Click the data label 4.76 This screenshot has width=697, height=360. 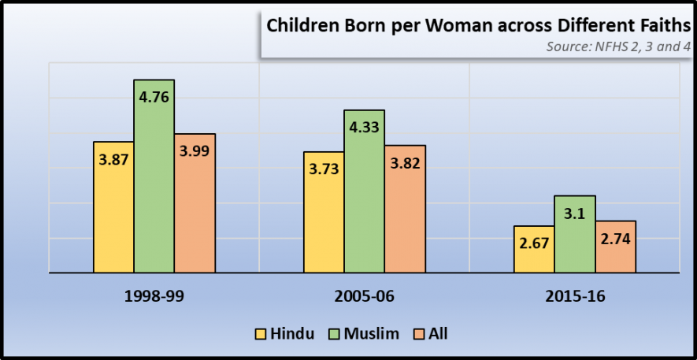[154, 98]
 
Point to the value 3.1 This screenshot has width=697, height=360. [575, 213]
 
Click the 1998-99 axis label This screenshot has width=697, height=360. [154, 297]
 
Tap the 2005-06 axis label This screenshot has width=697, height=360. [365, 297]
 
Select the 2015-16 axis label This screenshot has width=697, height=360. [575, 297]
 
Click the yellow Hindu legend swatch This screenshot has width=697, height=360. [260, 334]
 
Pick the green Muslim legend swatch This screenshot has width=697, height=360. [334, 334]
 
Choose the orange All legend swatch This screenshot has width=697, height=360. [419, 334]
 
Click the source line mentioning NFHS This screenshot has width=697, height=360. [618, 46]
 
